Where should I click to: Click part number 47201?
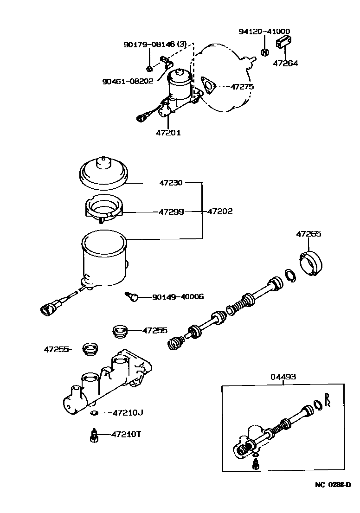coord(168,133)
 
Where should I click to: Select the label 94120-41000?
coord(264,32)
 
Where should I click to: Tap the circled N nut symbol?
coord(264,52)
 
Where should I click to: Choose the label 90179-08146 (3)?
coord(155,45)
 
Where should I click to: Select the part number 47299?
coord(171,212)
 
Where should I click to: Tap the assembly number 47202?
coord(219,212)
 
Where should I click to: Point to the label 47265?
coord(309,234)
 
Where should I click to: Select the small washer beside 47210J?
coord(94,412)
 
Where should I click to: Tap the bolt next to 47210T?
coord(94,436)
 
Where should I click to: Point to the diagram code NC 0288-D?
coord(332,485)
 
